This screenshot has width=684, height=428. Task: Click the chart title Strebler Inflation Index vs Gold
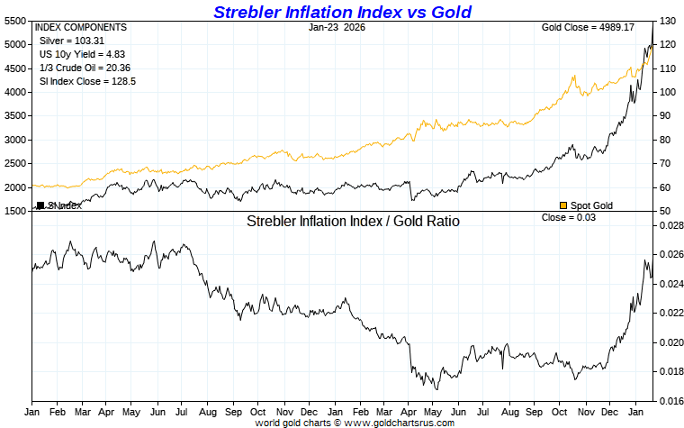342,12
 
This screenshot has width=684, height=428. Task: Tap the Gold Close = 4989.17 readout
588,28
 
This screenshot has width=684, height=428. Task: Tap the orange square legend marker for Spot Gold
563,205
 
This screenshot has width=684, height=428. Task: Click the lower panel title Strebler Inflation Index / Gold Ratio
353,221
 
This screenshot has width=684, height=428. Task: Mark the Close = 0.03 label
569,218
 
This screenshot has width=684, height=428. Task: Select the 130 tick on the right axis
667,20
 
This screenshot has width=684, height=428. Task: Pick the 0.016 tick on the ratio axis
670,401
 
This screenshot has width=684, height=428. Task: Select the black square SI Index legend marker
40,205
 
